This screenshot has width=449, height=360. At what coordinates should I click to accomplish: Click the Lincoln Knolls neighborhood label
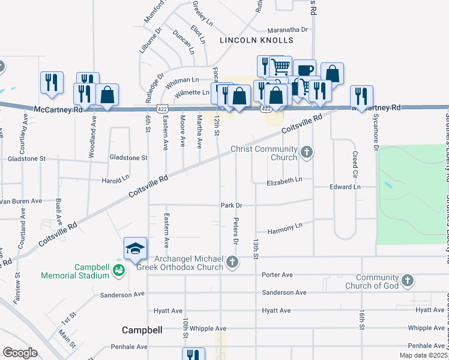pos(256,40)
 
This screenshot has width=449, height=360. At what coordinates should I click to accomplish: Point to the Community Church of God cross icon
pos(407,280)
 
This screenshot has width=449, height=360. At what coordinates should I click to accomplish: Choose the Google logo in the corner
pos(20,353)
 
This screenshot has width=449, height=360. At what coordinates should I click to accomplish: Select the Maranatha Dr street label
pos(288,29)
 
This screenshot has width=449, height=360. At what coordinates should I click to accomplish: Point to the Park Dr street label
pos(231,205)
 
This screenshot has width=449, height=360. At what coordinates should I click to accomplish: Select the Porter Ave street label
pos(277,275)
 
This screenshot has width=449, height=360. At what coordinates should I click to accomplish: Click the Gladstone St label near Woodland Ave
pos(128,158)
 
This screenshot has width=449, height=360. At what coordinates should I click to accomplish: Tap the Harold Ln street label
pos(115,178)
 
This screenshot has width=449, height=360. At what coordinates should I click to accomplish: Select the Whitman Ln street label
pos(186,80)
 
